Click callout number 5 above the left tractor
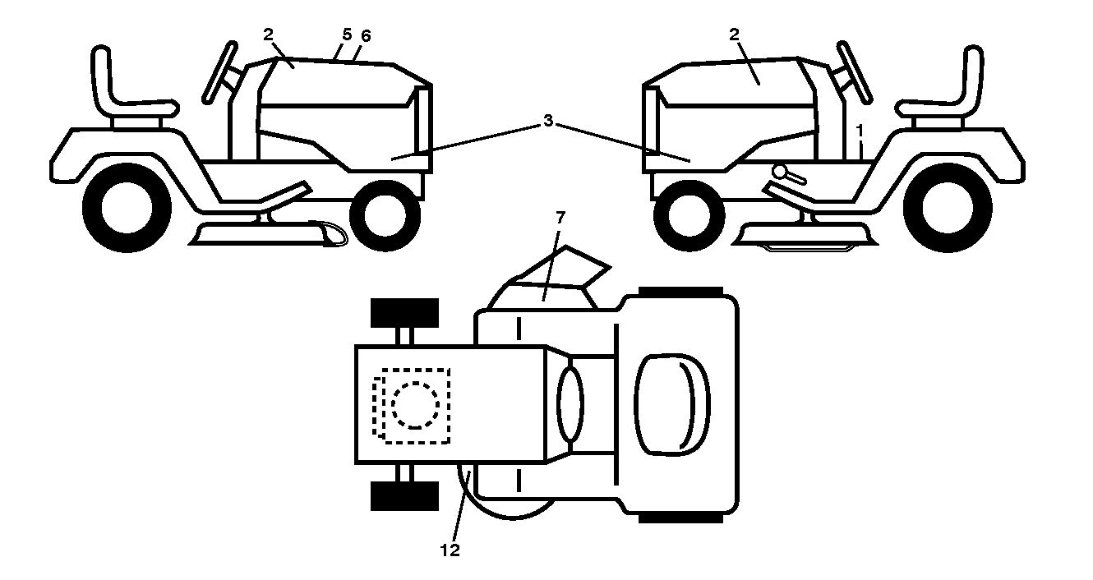347,35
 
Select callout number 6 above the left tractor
366,35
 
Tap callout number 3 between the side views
548,121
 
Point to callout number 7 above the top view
560,217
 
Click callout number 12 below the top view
450,550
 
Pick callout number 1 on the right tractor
860,131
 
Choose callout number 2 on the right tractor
735,35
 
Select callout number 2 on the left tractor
269,35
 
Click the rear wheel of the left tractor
127,208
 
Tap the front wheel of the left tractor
385,215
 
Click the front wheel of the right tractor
689,215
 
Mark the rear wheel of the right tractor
948,208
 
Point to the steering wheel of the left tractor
219,73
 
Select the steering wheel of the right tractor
855,73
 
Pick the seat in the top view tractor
672,404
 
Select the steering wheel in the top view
570,404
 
